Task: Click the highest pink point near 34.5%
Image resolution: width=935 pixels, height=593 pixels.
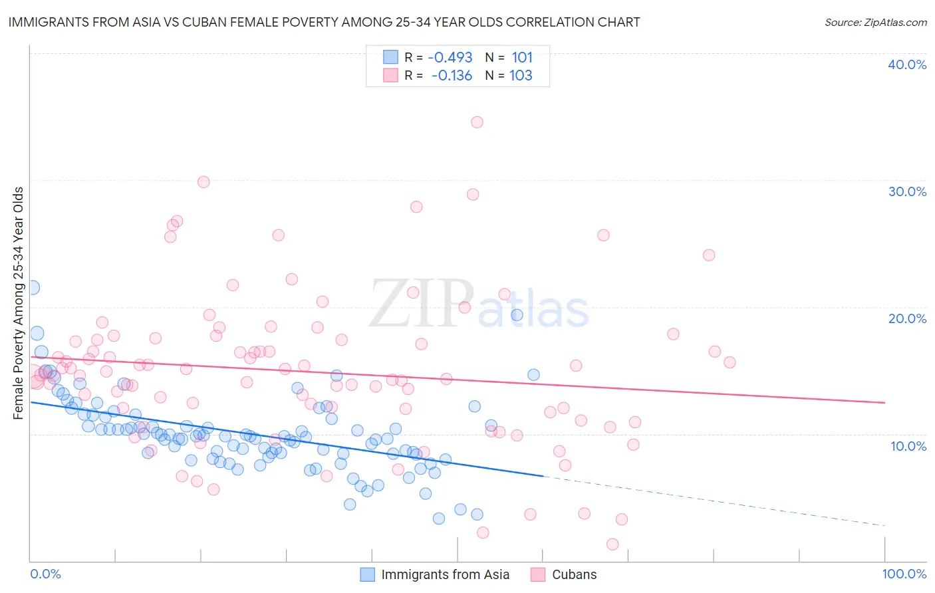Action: pyautogui.click(x=477, y=122)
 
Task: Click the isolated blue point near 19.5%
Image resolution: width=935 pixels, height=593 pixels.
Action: pyautogui.click(x=517, y=315)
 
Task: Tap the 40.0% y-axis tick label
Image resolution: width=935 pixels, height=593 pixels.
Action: pyautogui.click(x=907, y=65)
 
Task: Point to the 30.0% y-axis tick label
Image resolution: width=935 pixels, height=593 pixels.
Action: pyautogui.click(x=907, y=192)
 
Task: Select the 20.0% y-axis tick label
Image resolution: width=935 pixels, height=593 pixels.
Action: pyautogui.click(x=907, y=319)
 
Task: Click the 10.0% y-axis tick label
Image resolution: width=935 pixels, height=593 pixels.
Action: pyautogui.click(x=907, y=446)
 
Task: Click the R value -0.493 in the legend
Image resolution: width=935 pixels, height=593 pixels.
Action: pyautogui.click(x=450, y=58)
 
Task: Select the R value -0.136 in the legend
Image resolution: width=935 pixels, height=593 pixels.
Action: pyautogui.click(x=452, y=76)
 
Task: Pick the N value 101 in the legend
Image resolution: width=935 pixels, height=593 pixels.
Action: pyautogui.click(x=522, y=58)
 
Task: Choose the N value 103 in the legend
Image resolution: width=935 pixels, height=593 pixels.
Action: pyautogui.click(x=521, y=76)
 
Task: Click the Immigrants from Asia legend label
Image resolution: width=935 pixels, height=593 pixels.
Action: pyautogui.click(x=445, y=575)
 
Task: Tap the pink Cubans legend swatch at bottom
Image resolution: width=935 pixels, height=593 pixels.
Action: pyautogui.click(x=538, y=575)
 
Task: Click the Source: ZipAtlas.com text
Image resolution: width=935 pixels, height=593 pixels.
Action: pyautogui.click(x=875, y=23)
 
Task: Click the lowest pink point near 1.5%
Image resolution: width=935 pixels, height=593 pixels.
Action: pyautogui.click(x=612, y=544)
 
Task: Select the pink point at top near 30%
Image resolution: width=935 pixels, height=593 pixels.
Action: pyautogui.click(x=203, y=182)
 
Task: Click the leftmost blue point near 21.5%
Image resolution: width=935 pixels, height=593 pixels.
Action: pyautogui.click(x=32, y=288)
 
